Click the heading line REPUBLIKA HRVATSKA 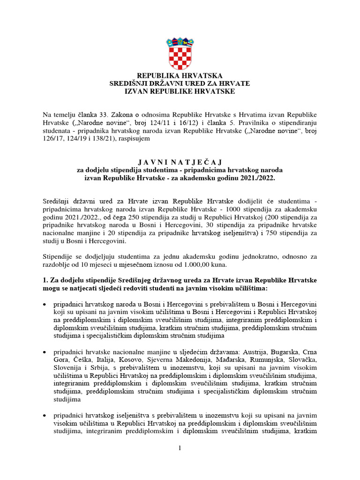click(180, 75)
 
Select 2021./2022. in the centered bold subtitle click(256, 179)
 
